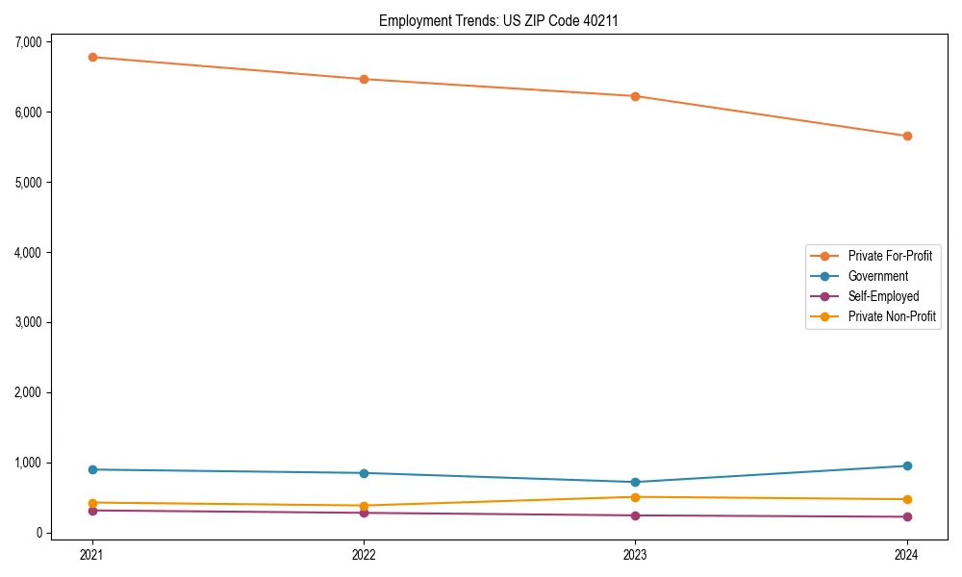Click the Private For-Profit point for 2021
pyautogui.click(x=92, y=57)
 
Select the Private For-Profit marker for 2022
pyautogui.click(x=364, y=79)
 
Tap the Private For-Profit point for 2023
pyautogui.click(x=635, y=96)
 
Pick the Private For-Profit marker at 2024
pyautogui.click(x=907, y=136)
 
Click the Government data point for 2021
pyautogui.click(x=92, y=469)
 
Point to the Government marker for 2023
pyautogui.click(x=635, y=482)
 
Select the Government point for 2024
pyautogui.click(x=907, y=465)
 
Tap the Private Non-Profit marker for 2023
pyautogui.click(x=635, y=497)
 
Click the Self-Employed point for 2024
pyautogui.click(x=907, y=516)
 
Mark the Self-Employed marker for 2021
pyautogui.click(x=92, y=511)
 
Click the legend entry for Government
pyautogui.click(x=877, y=276)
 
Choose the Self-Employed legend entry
pyautogui.click(x=883, y=296)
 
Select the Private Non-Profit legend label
pyautogui.click(x=892, y=316)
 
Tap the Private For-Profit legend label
pyautogui.click(x=890, y=256)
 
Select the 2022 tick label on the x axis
pyautogui.click(x=364, y=554)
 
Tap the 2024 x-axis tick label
pyautogui.click(x=907, y=554)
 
